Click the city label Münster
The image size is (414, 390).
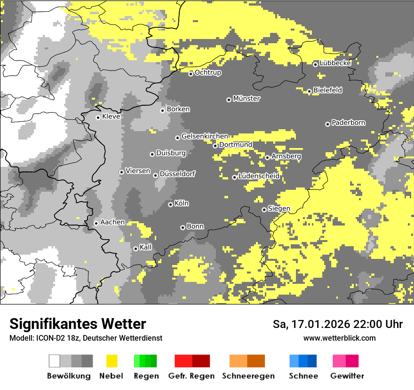coord(247,99)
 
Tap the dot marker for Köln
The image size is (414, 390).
coord(171,204)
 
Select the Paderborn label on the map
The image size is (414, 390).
coord(348,123)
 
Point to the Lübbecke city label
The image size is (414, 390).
coord(335,63)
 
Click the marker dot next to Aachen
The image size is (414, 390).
coord(96,223)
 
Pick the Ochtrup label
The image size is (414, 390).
coord(208,73)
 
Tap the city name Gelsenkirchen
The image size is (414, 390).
coord(205,136)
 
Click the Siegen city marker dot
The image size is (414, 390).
coord(264,210)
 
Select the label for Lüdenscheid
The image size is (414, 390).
coord(259,176)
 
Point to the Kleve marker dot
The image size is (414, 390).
coord(98,117)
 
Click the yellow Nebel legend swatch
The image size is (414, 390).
coord(111,361)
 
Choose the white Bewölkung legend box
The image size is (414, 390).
coord(55,361)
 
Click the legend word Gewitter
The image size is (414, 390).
coord(347,376)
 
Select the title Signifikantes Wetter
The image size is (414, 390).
coord(78,324)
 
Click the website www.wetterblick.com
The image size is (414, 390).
coord(339,338)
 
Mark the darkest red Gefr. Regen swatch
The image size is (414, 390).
coord(201,361)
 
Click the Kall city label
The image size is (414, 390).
coord(146,247)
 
